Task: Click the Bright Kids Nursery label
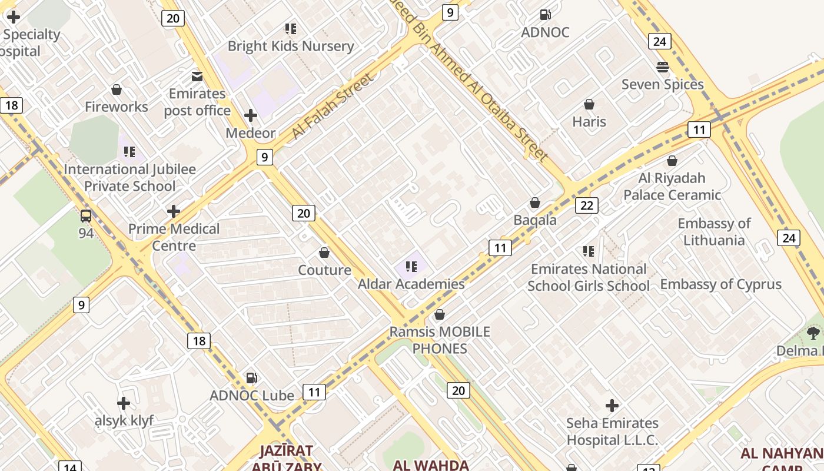(291, 46)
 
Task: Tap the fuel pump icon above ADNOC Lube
(251, 377)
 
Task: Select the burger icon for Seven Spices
(663, 67)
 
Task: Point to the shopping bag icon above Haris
(589, 104)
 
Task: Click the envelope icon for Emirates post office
(197, 76)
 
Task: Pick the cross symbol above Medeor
(251, 115)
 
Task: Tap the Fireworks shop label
(117, 107)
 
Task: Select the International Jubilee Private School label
(129, 177)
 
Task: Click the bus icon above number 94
(86, 216)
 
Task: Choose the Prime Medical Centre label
(174, 237)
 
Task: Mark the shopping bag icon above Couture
(324, 253)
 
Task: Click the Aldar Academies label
(411, 284)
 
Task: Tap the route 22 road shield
(586, 205)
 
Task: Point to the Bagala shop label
(535, 220)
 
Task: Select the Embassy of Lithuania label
(714, 231)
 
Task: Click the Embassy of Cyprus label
(720, 284)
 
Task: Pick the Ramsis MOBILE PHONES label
(440, 340)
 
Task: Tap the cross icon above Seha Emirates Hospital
(612, 406)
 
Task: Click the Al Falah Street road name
(333, 107)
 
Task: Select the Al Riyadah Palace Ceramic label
(672, 186)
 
